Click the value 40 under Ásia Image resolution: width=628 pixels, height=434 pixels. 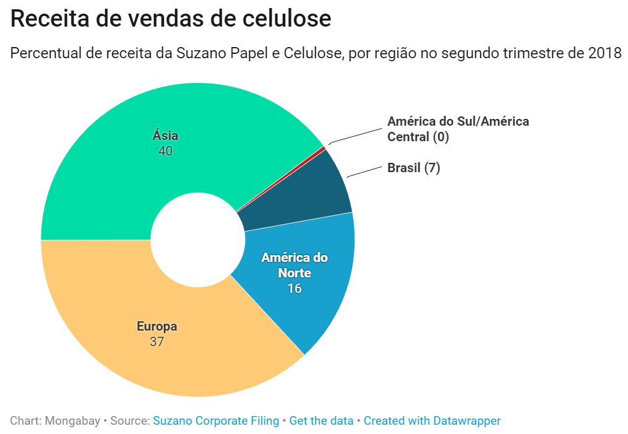(x=165, y=151)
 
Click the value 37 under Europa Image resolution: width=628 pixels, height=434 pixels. (x=157, y=341)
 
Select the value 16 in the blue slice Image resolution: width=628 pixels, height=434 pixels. (x=294, y=288)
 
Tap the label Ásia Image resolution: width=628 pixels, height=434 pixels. (x=165, y=136)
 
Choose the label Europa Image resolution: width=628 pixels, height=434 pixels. (x=157, y=326)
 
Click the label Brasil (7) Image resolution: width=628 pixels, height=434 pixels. (x=413, y=168)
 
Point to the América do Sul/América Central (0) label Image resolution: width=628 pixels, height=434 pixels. (x=458, y=129)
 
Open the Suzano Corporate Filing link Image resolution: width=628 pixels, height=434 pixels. (x=216, y=421)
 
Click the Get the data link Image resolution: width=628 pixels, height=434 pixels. (x=321, y=421)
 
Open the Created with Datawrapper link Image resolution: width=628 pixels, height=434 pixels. (x=432, y=421)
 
